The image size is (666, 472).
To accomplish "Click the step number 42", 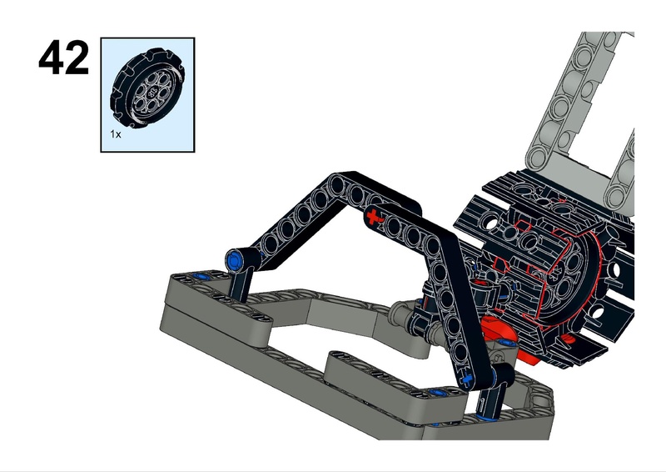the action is tap(64, 58).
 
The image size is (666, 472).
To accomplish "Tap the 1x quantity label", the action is tap(116, 134).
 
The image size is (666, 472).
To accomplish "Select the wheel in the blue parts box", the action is tap(148, 88).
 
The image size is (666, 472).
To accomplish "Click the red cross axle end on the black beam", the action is tap(372, 217).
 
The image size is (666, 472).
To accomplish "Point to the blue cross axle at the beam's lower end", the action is tap(468, 377).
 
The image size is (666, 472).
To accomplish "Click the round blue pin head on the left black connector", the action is tap(234, 259).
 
